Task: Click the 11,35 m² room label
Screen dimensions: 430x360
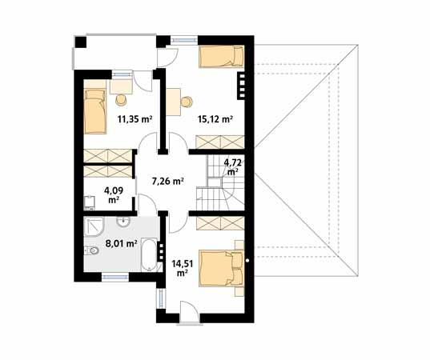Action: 135,119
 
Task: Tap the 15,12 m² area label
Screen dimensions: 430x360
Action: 215,119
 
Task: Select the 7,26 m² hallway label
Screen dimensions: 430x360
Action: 167,181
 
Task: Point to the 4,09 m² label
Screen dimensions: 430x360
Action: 113,194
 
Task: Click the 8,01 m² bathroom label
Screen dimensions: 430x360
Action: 121,243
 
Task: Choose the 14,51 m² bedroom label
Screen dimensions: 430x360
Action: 183,268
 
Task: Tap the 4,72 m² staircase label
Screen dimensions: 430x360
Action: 233,167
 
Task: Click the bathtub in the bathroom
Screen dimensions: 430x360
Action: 149,254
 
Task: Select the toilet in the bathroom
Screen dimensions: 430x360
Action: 91,250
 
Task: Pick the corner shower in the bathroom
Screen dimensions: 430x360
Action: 94,226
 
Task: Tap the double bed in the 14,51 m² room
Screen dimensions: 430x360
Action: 222,268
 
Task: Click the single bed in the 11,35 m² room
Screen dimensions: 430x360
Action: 94,111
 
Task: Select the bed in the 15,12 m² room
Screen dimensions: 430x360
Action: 221,56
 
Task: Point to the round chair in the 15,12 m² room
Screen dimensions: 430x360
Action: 187,102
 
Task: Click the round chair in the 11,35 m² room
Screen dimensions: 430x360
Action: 121,100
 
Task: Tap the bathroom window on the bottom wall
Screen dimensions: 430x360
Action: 115,277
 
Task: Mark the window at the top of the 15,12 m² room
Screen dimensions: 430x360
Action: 184,40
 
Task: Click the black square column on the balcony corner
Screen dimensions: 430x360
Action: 80,42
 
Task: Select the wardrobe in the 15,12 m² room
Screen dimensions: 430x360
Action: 220,142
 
